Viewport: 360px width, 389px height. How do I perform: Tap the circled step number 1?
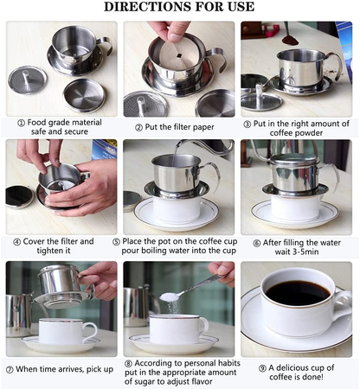click(x=22, y=124)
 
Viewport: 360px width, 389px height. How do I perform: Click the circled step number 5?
click(x=116, y=242)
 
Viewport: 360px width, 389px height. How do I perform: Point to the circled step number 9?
click(x=262, y=368)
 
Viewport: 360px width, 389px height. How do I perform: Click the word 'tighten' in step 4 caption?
click(x=49, y=251)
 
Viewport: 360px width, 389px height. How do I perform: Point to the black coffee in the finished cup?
click(x=298, y=293)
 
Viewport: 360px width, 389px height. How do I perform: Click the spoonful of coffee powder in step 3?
click(x=290, y=40)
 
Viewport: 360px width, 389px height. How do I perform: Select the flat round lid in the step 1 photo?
click(x=85, y=95)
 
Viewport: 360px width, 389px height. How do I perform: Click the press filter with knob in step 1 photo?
click(x=27, y=80)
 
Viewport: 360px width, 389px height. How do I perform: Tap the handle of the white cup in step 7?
click(x=92, y=331)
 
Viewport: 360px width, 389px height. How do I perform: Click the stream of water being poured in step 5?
click(x=175, y=156)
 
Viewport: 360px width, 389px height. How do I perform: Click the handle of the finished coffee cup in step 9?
click(x=343, y=304)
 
